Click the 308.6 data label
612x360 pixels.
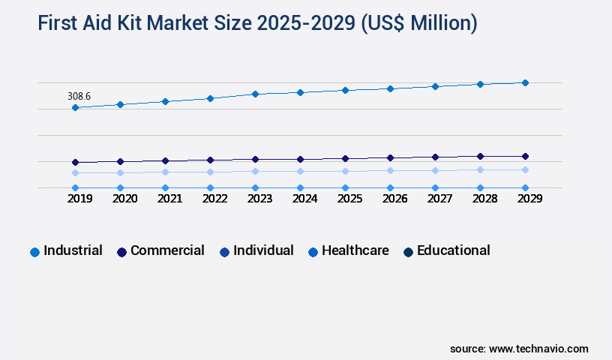(x=79, y=97)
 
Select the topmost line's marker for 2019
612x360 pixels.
(x=75, y=108)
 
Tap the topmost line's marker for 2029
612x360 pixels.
(x=525, y=82)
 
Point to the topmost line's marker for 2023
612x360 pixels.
(x=255, y=94)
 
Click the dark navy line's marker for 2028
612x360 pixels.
(x=480, y=156)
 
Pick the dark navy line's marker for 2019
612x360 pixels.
(x=75, y=162)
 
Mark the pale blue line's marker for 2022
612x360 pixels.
(x=210, y=172)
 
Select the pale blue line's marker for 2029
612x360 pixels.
(x=525, y=169)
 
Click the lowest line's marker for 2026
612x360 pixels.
(x=390, y=187)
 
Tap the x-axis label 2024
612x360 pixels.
(x=304, y=199)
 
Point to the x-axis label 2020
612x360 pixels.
(x=124, y=199)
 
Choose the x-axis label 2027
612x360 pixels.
(x=439, y=199)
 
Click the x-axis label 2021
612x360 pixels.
(x=169, y=199)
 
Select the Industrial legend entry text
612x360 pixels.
(x=73, y=250)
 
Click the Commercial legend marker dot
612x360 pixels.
(x=121, y=252)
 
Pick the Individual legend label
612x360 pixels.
(x=263, y=250)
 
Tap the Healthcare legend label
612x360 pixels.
(x=355, y=250)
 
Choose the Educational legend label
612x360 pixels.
(x=453, y=250)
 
